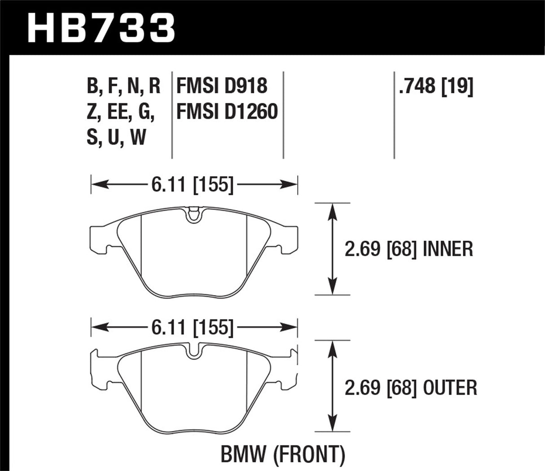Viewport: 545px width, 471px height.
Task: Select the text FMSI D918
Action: pyautogui.click(x=222, y=85)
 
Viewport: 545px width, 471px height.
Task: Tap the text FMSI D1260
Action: pyautogui.click(x=227, y=111)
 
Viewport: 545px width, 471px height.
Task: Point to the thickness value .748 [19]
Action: pyautogui.click(x=435, y=85)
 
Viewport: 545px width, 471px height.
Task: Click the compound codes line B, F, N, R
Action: pyautogui.click(x=123, y=85)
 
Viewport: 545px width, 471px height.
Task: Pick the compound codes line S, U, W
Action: pyautogui.click(x=116, y=137)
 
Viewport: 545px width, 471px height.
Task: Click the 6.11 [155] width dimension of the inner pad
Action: pyautogui.click(x=193, y=184)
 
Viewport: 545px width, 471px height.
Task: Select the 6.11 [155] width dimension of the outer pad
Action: pyautogui.click(x=193, y=328)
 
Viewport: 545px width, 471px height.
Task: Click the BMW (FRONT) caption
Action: pyautogui.click(x=283, y=455)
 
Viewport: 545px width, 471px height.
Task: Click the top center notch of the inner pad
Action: pyautogui.click(x=194, y=215)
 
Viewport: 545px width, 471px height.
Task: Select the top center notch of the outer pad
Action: pyautogui.click(x=194, y=351)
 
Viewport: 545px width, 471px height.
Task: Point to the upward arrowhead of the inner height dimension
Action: pyautogui.click(x=332, y=211)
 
